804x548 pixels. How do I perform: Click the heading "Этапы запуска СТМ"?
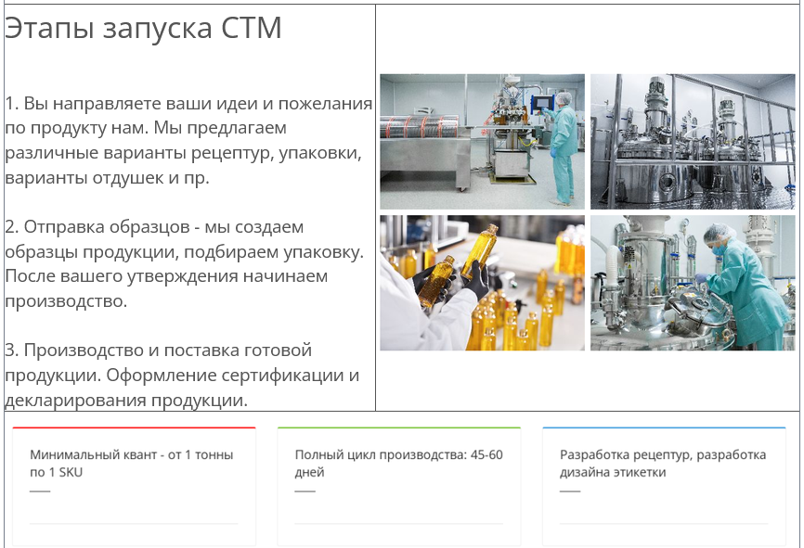[143, 28]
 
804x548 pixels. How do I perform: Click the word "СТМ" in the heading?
[252, 28]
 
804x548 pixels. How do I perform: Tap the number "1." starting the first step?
[12, 104]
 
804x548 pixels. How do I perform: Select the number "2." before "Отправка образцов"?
[12, 227]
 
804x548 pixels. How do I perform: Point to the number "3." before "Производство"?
[12, 350]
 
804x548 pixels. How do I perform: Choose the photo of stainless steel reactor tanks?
[693, 141]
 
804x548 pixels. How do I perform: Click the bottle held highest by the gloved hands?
[480, 251]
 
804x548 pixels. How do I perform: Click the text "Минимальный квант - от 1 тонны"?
[131, 454]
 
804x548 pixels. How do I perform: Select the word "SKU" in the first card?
[71, 472]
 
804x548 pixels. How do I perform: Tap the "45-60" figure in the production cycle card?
[486, 454]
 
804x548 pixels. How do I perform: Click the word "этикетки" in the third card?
[640, 472]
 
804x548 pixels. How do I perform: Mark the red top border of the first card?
[134, 427]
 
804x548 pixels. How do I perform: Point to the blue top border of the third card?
[664, 427]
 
